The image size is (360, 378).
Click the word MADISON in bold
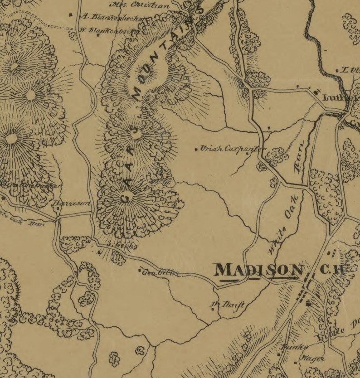pos(258,270)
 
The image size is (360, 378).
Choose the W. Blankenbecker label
pos(109,31)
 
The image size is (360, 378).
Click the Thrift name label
pos(233,305)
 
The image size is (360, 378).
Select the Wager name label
pos(313,359)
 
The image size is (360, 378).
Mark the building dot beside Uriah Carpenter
pos(196,149)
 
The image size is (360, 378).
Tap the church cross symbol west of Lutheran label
pos(316,90)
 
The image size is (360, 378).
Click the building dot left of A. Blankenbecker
pos(71,15)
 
